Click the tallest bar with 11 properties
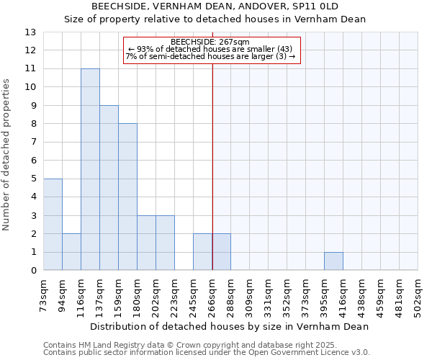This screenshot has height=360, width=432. point(90,169)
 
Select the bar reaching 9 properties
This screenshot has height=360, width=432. point(109,188)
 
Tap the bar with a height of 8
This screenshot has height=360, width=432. point(127,197)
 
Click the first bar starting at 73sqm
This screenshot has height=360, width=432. point(53,224)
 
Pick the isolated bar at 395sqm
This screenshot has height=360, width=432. point(333,261)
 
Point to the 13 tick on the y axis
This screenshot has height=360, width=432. point(30,32)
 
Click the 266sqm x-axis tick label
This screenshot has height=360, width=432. point(212,295)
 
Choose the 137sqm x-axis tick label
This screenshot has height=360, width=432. point(99,295)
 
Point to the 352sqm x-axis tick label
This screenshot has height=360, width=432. point(287,295)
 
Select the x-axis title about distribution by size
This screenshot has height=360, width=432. point(230,326)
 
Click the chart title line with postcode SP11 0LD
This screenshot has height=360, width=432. point(215,6)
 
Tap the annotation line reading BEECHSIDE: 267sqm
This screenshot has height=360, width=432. point(210,42)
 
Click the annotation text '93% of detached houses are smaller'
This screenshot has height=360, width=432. point(210,49)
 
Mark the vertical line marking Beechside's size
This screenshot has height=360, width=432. point(212,166)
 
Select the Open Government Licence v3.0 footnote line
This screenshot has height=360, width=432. point(207,353)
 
